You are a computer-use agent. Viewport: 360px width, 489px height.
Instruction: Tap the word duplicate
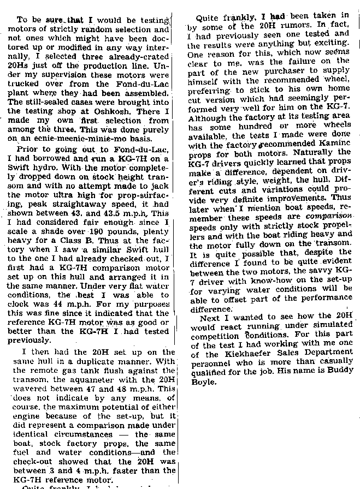[98, 361]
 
